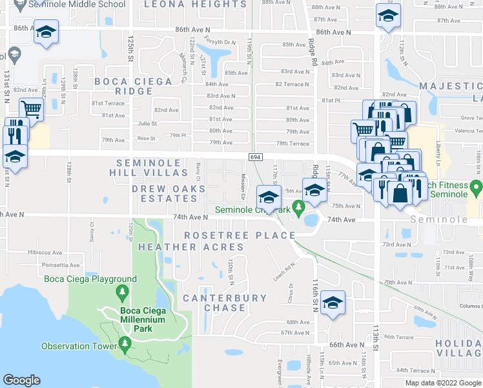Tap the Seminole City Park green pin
[298, 208]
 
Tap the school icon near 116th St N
[333, 303]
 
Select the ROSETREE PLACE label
[240, 235]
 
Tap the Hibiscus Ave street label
[45, 252]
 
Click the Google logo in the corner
[21, 380]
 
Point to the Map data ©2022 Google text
[442, 383]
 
